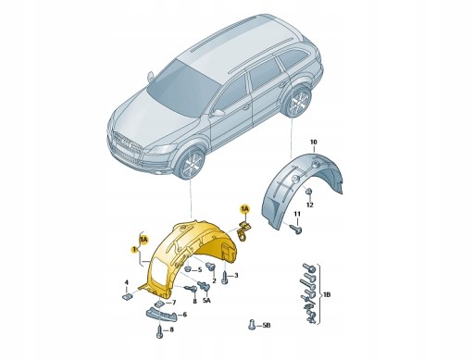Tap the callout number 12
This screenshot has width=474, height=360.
point(311,205)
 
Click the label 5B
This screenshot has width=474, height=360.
point(268,327)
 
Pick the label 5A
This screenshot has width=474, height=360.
point(208,300)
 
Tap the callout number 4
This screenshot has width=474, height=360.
point(128,283)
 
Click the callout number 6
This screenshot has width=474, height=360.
point(183,315)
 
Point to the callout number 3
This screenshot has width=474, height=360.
point(236,276)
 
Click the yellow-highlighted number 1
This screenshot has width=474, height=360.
point(134,250)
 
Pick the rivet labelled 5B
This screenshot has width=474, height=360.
point(252,325)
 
